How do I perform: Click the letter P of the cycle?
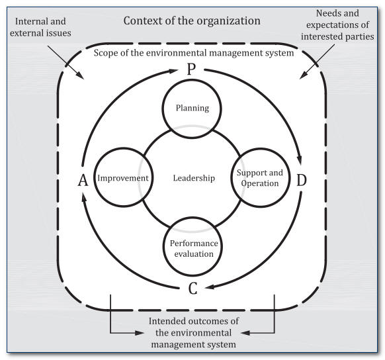191,69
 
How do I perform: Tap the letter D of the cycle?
302,180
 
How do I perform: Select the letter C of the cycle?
193,289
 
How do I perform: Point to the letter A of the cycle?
83,181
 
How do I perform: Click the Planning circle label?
192,108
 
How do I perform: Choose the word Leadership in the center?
194,178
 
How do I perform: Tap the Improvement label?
123,178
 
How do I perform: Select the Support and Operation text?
260,178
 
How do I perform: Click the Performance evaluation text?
194,248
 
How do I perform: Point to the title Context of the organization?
192,21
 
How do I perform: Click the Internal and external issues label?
40,27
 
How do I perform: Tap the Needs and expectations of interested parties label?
337,24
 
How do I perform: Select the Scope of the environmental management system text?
194,53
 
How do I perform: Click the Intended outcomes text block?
193,332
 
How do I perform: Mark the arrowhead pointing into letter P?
173,71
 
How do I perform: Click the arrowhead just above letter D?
299,159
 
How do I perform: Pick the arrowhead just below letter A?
84,198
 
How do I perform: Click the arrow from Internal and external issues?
65,62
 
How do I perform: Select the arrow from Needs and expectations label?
317,62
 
